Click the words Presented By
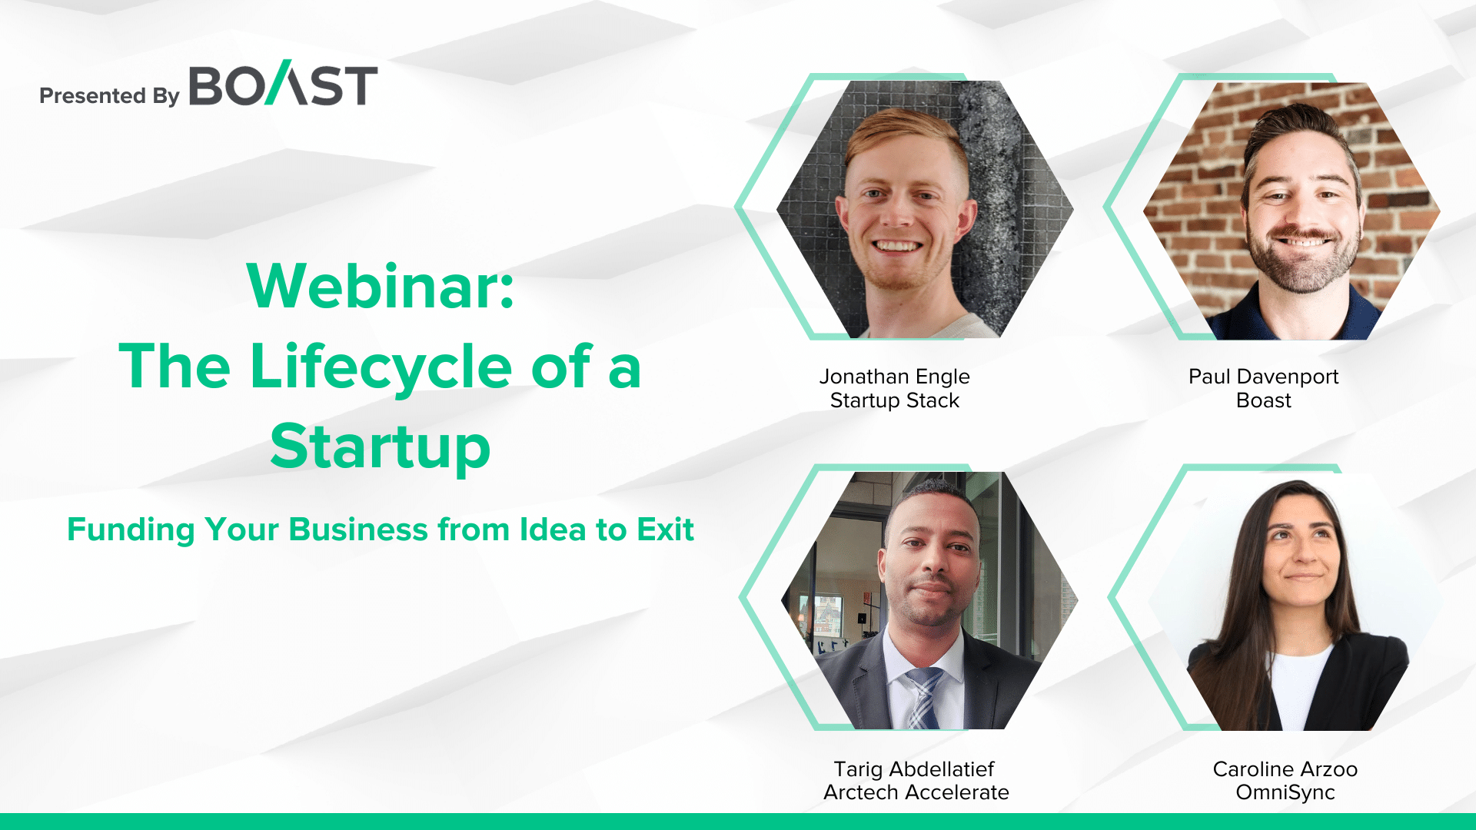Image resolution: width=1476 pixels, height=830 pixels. pos(109,95)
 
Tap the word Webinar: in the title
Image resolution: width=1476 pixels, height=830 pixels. pos(381,286)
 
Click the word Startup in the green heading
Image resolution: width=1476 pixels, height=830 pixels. pos(381,447)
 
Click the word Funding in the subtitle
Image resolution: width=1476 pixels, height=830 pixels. pos(131,530)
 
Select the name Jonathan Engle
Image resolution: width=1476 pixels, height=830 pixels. pos(895,377)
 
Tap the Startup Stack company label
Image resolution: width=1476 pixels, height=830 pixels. pos(895,400)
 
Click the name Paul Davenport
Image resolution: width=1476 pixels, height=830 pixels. pos(1264,377)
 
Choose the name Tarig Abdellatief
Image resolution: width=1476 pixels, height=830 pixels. pos(915,769)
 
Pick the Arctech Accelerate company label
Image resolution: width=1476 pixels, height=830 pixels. pos(916,792)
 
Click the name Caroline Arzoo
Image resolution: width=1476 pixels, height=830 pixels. pos(1285,769)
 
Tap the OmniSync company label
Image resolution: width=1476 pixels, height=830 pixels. pos(1285,792)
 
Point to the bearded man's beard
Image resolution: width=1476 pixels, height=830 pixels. pos(1302,257)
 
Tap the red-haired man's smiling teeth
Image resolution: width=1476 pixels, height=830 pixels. pos(898,247)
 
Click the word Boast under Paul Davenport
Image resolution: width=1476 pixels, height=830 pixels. pos(1264,400)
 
